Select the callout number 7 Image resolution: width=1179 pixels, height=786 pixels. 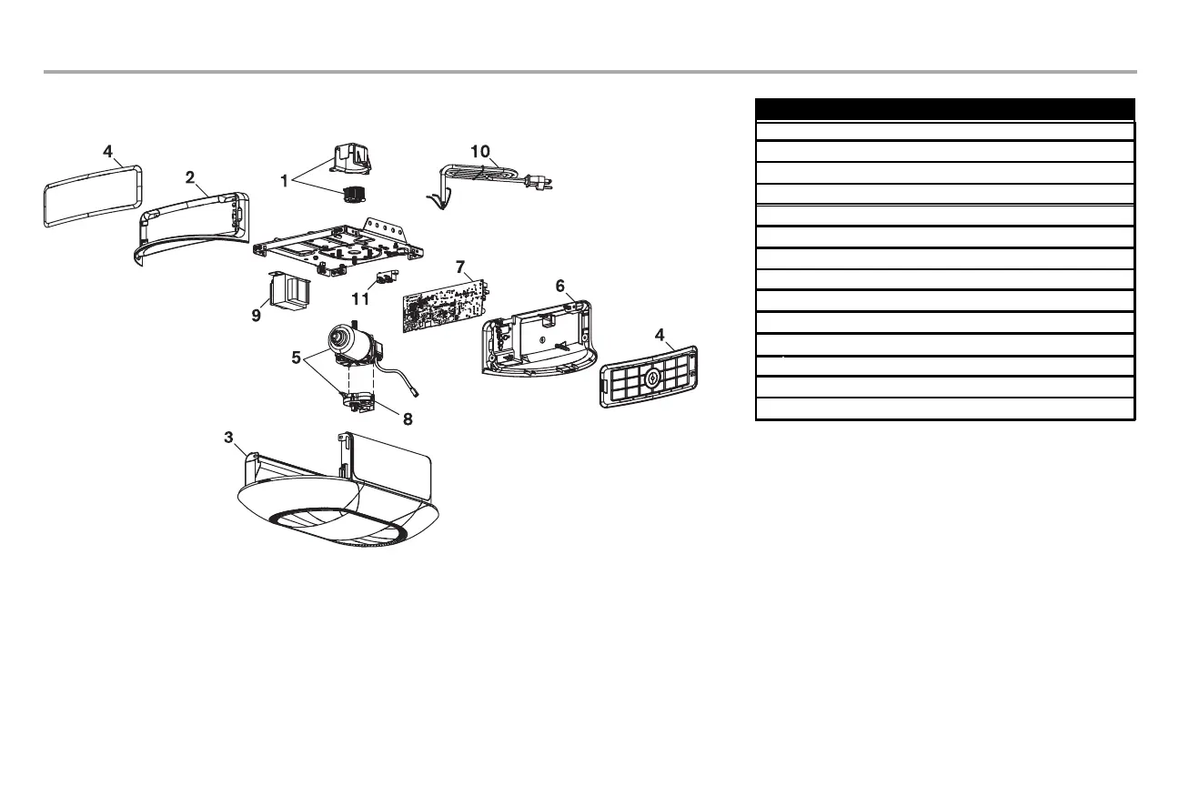(461, 267)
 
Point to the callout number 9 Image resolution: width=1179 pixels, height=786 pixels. (257, 316)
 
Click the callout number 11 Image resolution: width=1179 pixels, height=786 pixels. (360, 297)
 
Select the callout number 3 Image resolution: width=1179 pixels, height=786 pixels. (229, 438)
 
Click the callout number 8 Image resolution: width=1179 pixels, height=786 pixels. (408, 419)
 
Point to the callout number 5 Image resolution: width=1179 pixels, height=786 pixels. (296, 358)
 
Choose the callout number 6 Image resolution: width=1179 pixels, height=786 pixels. (561, 286)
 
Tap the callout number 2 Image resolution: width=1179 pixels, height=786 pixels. (189, 177)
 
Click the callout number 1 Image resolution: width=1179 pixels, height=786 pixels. (285, 181)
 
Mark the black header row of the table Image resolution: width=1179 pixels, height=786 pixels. (945, 108)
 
